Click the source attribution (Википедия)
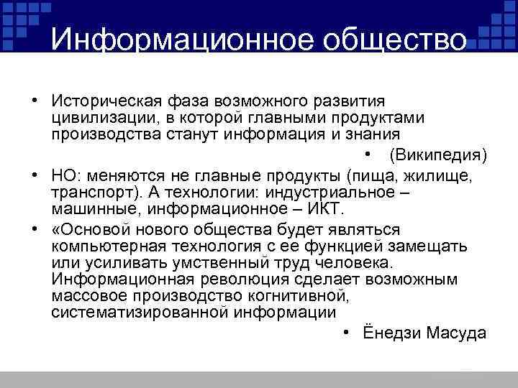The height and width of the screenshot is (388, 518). click(x=437, y=155)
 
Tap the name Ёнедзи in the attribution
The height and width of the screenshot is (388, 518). click(x=391, y=334)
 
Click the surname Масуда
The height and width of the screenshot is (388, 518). click(x=457, y=334)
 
